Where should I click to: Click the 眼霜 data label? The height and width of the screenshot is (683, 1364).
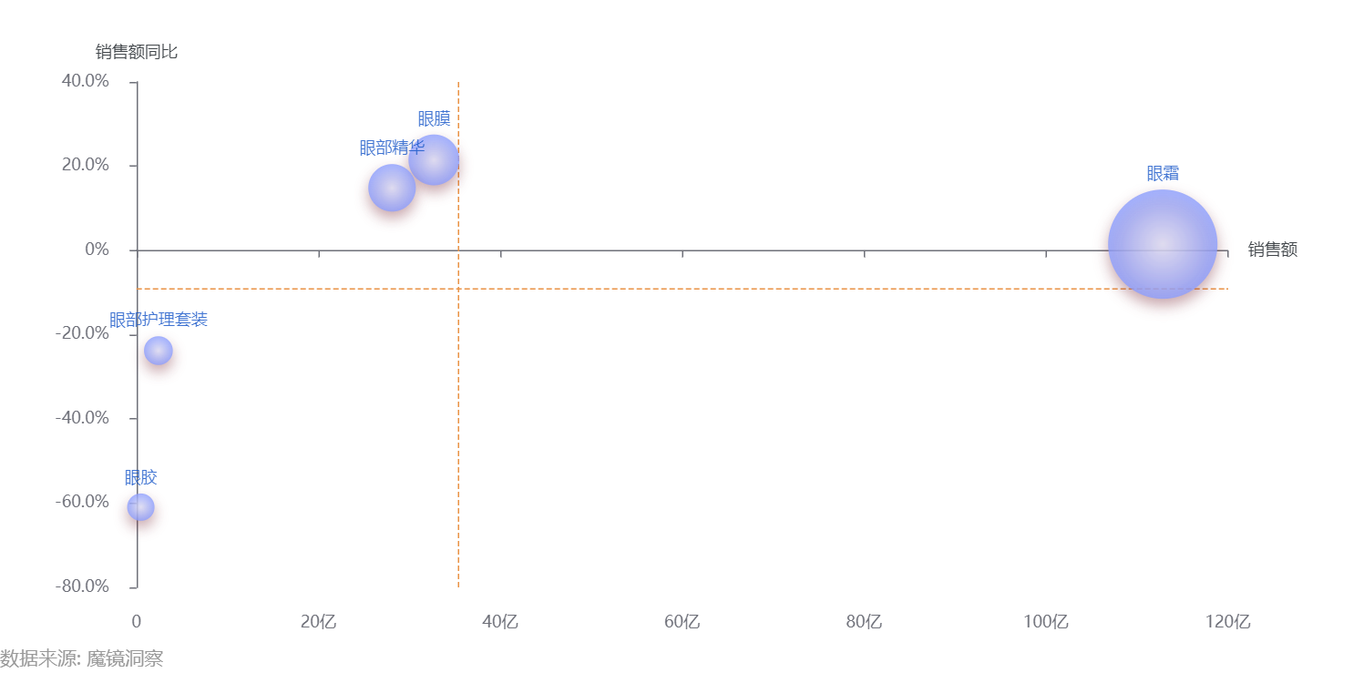click(1163, 173)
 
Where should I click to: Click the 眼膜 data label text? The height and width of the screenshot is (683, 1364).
click(435, 118)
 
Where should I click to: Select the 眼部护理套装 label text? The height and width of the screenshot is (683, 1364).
click(159, 320)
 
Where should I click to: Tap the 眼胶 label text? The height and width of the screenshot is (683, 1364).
click(140, 477)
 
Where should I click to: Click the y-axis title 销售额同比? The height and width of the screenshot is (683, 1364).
click(136, 52)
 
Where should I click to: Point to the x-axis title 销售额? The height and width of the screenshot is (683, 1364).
click(1272, 250)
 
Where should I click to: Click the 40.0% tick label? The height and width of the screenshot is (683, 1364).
click(85, 81)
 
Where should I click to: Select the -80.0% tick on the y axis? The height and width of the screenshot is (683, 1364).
click(82, 586)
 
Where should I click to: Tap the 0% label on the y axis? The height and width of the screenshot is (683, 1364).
click(97, 250)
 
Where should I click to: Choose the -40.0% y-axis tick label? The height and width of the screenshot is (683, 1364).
click(82, 418)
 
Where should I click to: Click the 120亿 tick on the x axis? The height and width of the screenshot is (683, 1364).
click(1227, 622)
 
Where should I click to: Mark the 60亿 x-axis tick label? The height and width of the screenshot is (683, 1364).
click(682, 622)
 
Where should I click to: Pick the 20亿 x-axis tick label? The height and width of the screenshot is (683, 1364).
click(318, 622)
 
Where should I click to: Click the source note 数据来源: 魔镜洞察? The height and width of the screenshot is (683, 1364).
click(82, 658)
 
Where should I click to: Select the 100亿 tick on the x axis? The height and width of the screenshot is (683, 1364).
click(1045, 622)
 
